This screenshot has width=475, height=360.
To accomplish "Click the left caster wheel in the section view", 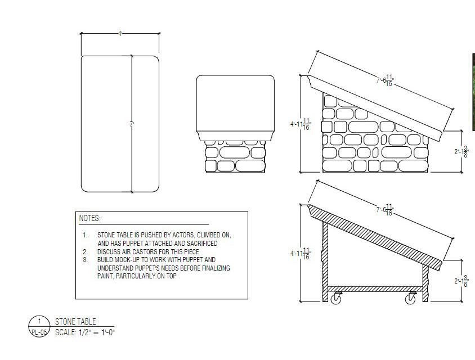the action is pos(336,300).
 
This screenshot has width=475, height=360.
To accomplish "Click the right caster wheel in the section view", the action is pos(411,300).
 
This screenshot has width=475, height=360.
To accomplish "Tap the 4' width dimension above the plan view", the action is pos(120,34).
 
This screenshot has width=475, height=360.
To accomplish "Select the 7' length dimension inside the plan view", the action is pos(132,125).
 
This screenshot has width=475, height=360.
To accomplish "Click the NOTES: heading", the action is pos(89,218).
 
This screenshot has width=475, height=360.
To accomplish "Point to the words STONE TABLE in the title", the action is pos(75,322).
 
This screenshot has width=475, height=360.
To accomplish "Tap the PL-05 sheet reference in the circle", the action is pos(39,332).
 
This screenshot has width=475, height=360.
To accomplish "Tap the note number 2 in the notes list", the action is pos(85,251).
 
